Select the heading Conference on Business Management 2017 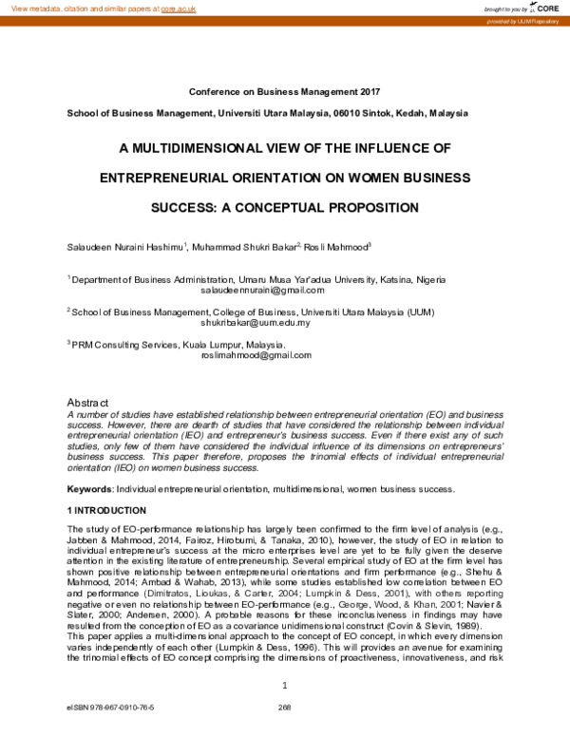[x=285, y=92]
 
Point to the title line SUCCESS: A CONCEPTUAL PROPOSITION [x=285, y=207]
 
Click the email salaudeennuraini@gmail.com [x=256, y=291]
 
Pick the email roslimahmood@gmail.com [x=256, y=355]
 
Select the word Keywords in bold [x=88, y=489]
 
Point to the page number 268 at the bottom [x=283, y=708]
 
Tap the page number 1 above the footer [x=285, y=685]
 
